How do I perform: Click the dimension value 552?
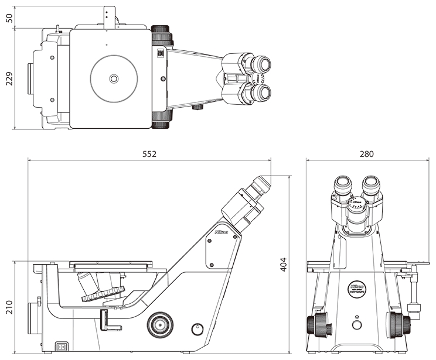pyautogui.click(x=150, y=153)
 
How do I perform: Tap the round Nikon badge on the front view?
pyautogui.click(x=356, y=289)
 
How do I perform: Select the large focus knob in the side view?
pyautogui.click(x=159, y=324)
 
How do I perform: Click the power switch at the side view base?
pyautogui.click(x=61, y=345)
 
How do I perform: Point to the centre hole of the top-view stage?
pyautogui.click(x=114, y=78)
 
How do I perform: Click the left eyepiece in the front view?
pyautogui.click(x=343, y=186)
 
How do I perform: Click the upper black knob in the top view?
pyautogui.click(x=162, y=35)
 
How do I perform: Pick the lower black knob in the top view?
pyautogui.click(x=161, y=119)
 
